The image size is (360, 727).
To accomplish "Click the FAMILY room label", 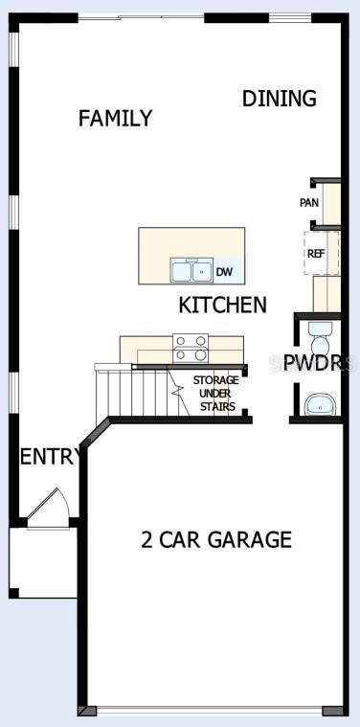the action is point(115,118).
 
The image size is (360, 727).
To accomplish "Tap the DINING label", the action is point(280,99).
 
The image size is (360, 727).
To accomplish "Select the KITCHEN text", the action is point(222,306).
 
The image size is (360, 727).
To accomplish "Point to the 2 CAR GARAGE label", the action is point(216,539).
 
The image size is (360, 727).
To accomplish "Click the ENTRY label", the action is point(49,457).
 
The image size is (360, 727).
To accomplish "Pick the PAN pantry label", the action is point(309,203).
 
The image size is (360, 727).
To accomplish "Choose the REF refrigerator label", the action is point(316,254).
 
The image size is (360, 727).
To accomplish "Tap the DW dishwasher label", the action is point(224,272).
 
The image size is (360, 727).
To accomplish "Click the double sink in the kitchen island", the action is point(191,270).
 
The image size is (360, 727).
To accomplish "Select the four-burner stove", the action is point(191,349).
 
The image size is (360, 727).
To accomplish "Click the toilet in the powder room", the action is point(320,339).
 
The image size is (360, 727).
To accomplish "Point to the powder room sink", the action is point(320,405).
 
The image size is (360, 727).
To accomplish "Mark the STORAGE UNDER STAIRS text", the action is point(216,394).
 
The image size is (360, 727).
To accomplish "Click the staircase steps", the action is point(138,393).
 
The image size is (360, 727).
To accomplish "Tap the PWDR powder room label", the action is point(320,364).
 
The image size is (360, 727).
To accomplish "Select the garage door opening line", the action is point(210,711).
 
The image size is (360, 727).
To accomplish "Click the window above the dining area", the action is point(290,17).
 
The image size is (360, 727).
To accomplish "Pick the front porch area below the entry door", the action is point(43,562).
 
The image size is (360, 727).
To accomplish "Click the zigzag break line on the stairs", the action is point(177,393).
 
